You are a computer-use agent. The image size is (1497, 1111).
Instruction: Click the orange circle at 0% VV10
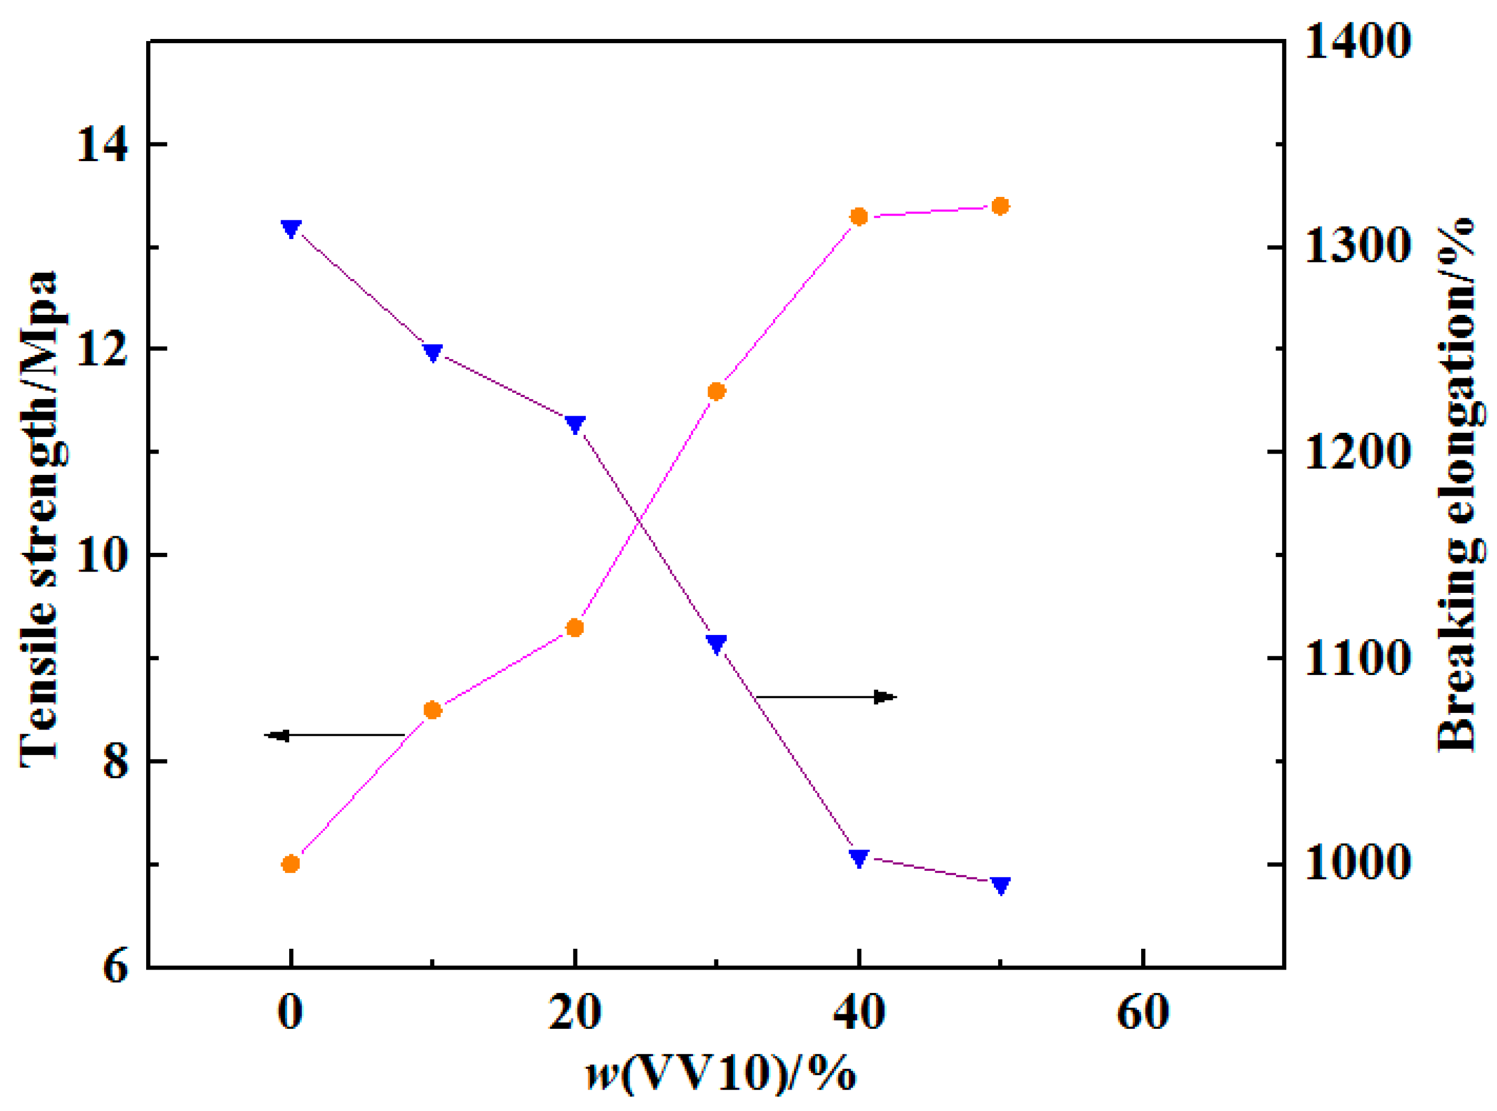[290, 863]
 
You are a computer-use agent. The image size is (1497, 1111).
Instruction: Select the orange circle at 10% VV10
[433, 710]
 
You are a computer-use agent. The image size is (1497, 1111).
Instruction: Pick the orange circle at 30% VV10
[716, 391]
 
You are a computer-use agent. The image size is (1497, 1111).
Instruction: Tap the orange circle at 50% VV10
[1001, 206]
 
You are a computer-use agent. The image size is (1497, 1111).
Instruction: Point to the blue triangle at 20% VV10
[575, 424]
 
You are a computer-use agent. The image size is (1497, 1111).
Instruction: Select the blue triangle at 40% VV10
[858, 858]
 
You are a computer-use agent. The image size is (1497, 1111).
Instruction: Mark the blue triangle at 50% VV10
[1001, 886]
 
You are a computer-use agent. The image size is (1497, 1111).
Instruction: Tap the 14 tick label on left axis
[101, 145]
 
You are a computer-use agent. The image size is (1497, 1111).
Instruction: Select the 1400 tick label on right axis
[1357, 42]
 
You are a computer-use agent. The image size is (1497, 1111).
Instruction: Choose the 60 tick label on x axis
[1143, 1012]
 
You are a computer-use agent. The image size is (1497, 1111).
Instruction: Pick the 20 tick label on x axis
[575, 1012]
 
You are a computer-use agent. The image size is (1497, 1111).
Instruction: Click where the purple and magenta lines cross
[639, 521]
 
